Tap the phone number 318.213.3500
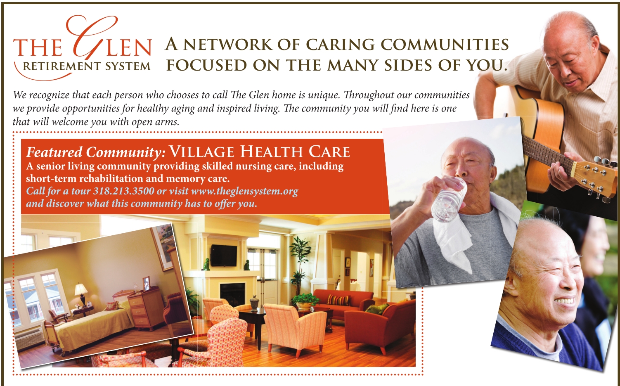pos(123,191)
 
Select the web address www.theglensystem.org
pos(245,192)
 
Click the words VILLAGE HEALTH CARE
pos(260,152)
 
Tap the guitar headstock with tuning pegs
pos(595,177)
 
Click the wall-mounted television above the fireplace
pos(224,255)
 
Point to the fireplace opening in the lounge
pos(232,294)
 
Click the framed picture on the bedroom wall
pos(163,248)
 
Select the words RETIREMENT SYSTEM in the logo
pos(87,66)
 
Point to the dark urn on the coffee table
pos(255,303)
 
